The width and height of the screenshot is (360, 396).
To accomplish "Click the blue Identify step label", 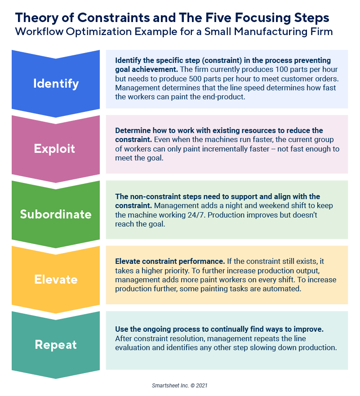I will tap(56, 84).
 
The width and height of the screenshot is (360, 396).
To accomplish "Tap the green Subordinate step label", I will tap(56, 214).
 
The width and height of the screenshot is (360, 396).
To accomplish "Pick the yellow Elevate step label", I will tap(56, 280).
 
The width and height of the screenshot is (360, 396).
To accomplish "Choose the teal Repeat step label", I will tap(56, 345).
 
